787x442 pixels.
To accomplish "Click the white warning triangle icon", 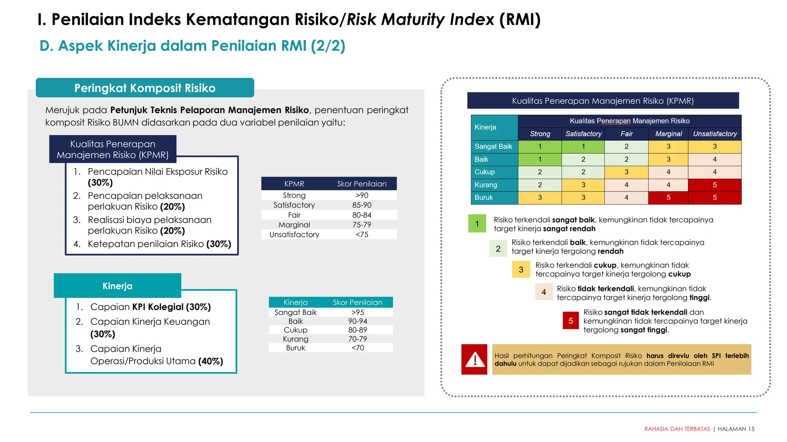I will point(475,360).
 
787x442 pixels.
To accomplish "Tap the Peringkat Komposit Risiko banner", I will point(145,88).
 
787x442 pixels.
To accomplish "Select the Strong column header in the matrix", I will point(540,134).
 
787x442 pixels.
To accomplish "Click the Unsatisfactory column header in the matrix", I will point(715,134).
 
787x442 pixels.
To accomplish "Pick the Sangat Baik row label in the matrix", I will point(493,147).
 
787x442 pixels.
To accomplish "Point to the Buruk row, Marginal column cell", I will point(668,198).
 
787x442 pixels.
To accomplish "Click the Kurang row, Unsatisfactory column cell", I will point(715,185).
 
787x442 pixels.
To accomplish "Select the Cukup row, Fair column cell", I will point(626,172).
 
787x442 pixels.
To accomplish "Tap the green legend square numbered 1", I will point(477,224).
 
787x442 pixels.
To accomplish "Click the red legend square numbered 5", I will point(571,321).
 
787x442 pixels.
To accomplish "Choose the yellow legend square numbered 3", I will point(521,270).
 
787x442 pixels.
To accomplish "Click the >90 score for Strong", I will point(362,195).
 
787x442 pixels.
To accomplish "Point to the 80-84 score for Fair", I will point(362,215).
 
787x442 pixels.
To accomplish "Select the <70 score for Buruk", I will point(357,348).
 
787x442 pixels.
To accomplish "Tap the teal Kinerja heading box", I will point(118,286).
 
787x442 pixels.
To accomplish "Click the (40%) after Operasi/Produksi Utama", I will point(211,361).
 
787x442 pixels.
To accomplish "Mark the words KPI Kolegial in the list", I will point(158,307).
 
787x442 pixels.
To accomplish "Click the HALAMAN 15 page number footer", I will point(736,429).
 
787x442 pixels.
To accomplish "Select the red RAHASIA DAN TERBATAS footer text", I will point(677,429).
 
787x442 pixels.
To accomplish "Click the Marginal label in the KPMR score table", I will point(294,225).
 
